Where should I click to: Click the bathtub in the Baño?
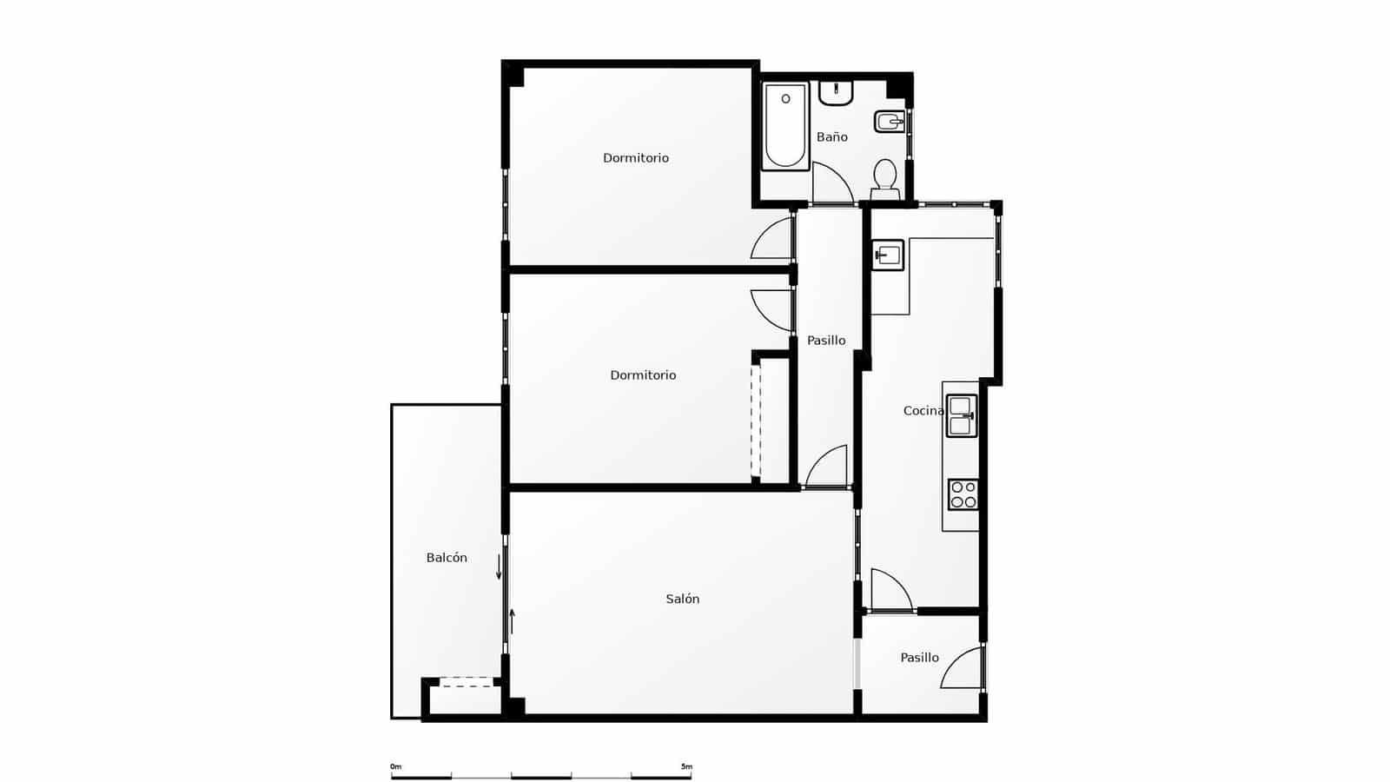[x=785, y=126]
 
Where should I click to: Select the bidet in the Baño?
[x=889, y=122]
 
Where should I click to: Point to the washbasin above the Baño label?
[x=836, y=92]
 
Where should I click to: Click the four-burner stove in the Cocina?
[x=963, y=494]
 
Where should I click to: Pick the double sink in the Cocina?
[x=961, y=416]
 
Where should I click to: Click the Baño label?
[x=831, y=137]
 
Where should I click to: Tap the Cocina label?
[x=923, y=411]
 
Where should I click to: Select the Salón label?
[x=682, y=599]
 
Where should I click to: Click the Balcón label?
[x=447, y=558]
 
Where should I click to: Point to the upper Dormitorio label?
[x=636, y=158]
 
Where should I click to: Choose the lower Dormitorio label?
[x=643, y=375]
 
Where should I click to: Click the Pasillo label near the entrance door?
[x=919, y=658]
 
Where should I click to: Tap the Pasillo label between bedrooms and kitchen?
[x=826, y=341]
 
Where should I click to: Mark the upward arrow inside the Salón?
[x=513, y=621]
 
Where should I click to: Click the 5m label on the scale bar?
[x=686, y=766]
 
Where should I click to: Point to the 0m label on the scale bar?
[x=396, y=766]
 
